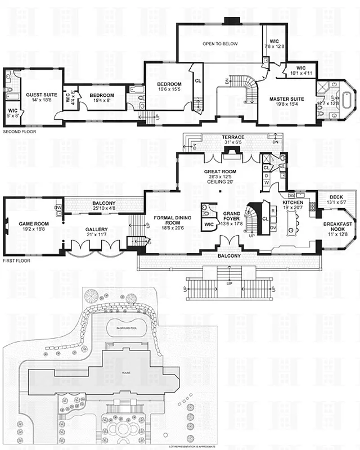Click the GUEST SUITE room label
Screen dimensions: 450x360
click(x=35, y=96)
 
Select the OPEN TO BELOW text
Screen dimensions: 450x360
click(x=220, y=43)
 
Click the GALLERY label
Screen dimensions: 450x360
click(x=97, y=229)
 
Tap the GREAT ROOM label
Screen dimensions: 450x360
click(x=220, y=171)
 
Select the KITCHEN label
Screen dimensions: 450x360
click(x=293, y=202)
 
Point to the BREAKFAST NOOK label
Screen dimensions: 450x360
click(x=338, y=227)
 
